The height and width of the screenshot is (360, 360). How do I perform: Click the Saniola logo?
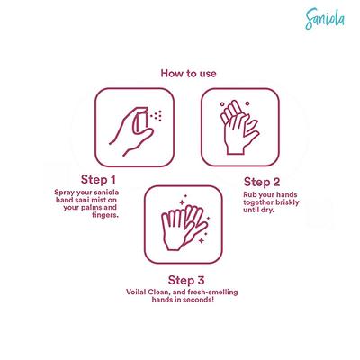click(x=325, y=19)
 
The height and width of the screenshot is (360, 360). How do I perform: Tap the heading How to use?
click(x=188, y=74)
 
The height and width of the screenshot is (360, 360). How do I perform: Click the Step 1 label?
click(x=98, y=180)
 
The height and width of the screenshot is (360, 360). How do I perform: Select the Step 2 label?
click(x=262, y=182)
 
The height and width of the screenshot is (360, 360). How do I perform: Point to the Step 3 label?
click(x=186, y=280)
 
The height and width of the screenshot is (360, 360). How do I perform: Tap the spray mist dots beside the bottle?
click(x=157, y=116)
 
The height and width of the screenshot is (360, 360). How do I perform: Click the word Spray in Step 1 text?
click(x=63, y=193)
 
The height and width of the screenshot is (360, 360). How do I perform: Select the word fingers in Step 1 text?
click(x=105, y=215)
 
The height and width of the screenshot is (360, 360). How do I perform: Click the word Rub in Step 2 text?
click(x=249, y=194)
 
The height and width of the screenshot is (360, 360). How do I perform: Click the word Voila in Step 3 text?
click(x=136, y=292)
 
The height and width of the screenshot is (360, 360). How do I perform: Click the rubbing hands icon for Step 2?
click(x=240, y=127)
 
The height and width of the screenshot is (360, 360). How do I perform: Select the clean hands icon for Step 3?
click(x=184, y=224)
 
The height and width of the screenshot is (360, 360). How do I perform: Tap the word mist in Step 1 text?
click(x=101, y=200)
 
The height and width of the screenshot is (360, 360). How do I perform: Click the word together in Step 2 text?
click(x=256, y=202)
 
